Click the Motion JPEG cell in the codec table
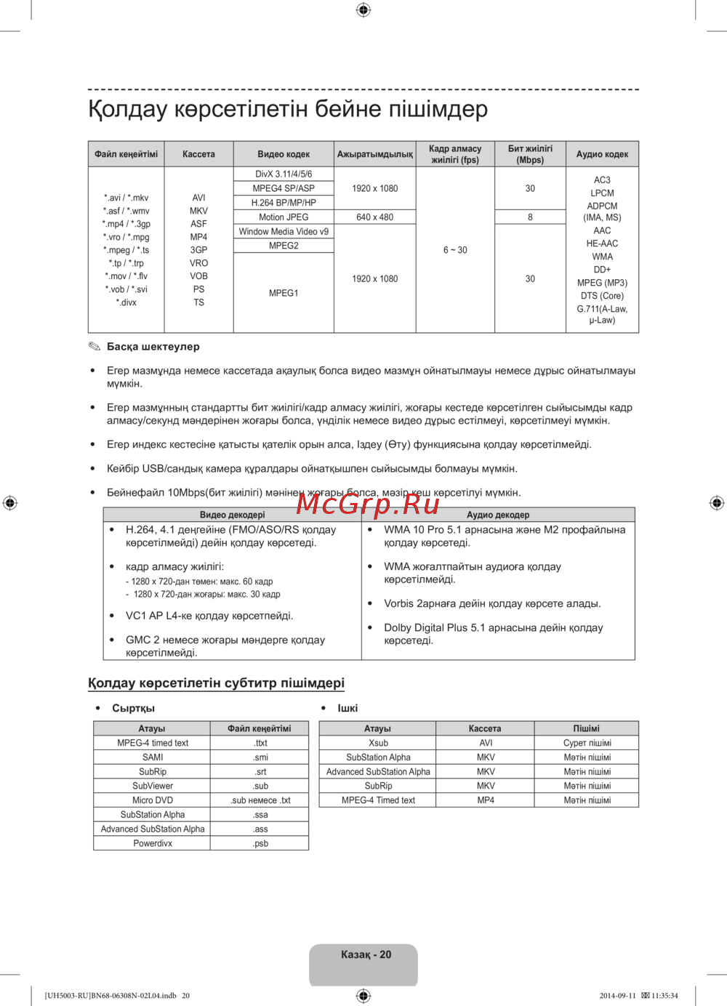(x=284, y=217)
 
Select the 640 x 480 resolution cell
(x=374, y=217)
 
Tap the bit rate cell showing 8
(x=530, y=217)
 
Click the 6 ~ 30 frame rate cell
(x=455, y=250)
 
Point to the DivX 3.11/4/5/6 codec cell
(x=284, y=174)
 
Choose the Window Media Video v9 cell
(x=284, y=232)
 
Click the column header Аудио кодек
(x=602, y=154)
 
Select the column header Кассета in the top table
(x=198, y=154)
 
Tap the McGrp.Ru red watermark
(x=367, y=503)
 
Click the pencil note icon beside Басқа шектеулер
(x=95, y=347)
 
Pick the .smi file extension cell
(x=260, y=757)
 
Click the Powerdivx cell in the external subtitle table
(x=153, y=844)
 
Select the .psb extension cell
(x=260, y=844)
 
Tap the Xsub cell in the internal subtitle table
(x=378, y=743)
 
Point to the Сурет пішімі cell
(x=587, y=743)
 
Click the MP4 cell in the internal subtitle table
(x=486, y=800)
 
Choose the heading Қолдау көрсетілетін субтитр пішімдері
(x=216, y=683)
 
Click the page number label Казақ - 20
(x=366, y=954)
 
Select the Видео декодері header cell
(x=233, y=515)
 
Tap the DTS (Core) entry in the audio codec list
(x=602, y=296)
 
